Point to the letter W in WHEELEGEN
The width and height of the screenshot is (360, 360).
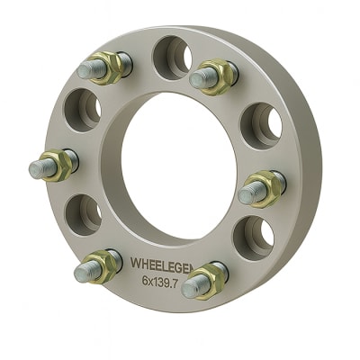[136, 264]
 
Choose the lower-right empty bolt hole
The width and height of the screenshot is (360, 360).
[255, 236]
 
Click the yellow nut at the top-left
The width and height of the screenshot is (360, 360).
[110, 67]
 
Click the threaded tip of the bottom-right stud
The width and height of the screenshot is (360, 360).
[190, 289]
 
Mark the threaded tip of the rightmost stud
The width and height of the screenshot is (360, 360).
[247, 193]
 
